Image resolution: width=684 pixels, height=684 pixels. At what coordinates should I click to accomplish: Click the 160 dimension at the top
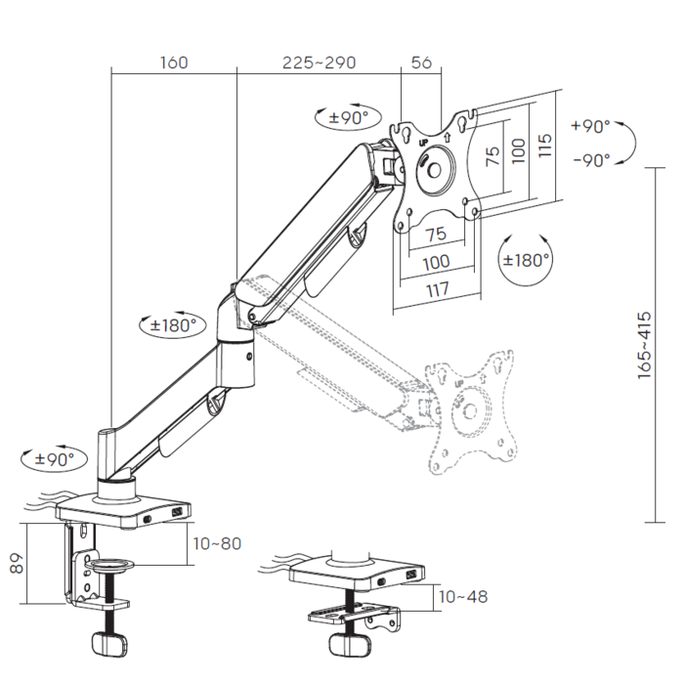click(174, 63)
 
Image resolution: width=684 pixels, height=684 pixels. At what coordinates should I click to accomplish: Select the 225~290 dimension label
click(319, 63)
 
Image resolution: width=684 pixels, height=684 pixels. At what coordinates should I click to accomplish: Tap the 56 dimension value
click(421, 63)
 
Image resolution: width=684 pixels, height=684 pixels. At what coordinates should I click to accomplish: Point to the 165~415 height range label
click(644, 345)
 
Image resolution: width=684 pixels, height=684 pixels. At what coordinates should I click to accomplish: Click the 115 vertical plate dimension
click(545, 146)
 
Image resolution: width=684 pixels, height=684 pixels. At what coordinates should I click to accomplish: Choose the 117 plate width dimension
click(438, 289)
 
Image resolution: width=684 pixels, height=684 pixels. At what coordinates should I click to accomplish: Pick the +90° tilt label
click(590, 126)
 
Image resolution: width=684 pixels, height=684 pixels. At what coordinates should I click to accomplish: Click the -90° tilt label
click(591, 160)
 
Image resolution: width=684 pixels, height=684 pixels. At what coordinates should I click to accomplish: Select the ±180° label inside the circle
click(526, 261)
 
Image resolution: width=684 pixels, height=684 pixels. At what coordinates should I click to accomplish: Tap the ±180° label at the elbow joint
click(173, 325)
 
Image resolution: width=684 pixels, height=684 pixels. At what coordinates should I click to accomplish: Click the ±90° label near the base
click(55, 459)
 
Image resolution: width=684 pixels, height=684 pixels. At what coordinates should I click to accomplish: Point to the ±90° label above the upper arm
click(349, 117)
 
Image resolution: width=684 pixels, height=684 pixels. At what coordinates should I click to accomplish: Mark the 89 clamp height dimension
click(17, 563)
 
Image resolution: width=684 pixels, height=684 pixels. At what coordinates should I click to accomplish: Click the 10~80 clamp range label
click(217, 543)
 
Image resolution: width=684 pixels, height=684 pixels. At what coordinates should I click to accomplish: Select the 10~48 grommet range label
click(463, 597)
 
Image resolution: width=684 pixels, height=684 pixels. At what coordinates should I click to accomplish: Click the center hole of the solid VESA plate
click(434, 170)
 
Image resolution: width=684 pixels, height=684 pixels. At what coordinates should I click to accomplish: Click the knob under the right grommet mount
click(350, 645)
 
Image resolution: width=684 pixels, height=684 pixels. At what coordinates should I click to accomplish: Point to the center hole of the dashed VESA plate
click(470, 411)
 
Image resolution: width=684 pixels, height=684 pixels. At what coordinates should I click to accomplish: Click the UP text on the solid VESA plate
click(423, 143)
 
